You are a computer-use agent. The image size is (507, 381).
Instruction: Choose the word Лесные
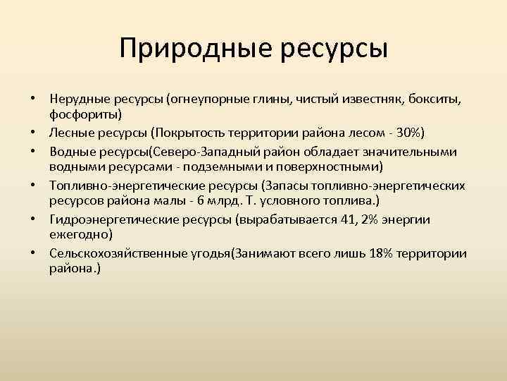[70, 133]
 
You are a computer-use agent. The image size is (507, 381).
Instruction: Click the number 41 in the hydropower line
[348, 219]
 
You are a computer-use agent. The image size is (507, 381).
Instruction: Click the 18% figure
[382, 252]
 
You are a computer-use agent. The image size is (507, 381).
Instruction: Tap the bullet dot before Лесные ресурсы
[32, 133]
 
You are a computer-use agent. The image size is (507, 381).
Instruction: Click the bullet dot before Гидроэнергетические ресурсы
[32, 219]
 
